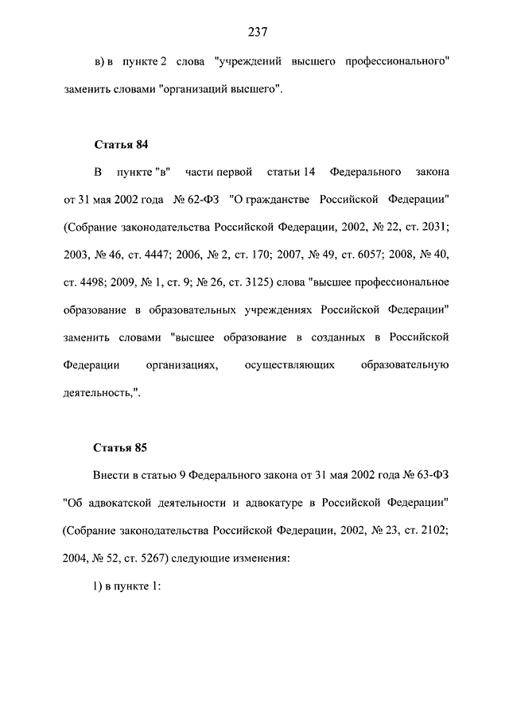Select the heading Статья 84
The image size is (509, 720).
click(x=121, y=144)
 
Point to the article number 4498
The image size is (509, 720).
click(x=99, y=282)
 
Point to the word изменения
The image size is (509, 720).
click(x=261, y=558)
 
